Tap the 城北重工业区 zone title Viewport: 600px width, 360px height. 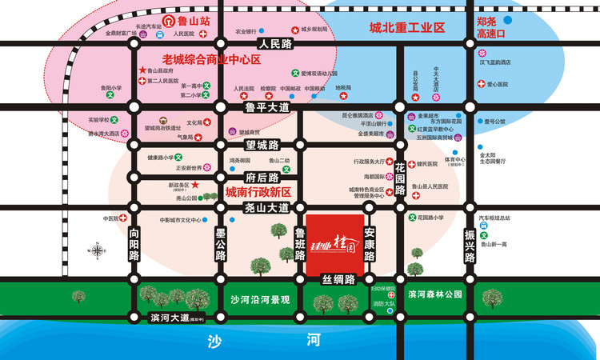pos(406,28)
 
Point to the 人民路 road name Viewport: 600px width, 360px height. pos(277,44)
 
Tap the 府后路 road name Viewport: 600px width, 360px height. pos(261,178)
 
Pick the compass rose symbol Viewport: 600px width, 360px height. pos(98,250)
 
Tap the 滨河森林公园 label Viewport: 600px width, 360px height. pos(434,294)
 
